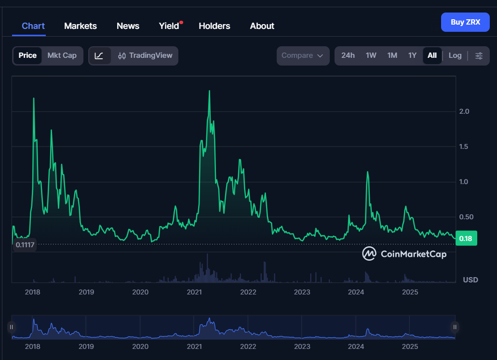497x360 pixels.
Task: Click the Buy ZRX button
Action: (465, 22)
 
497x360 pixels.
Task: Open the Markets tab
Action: (81, 26)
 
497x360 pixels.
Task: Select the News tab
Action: (128, 26)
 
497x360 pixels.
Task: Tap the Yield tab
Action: (169, 26)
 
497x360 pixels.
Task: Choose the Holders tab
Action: (215, 26)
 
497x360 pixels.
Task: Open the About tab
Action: (262, 26)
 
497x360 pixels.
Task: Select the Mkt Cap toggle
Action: (62, 55)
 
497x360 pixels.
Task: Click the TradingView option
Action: (145, 55)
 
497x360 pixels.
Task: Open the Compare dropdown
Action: (303, 55)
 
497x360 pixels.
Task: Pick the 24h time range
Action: (348, 55)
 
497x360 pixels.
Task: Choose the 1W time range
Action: (371, 55)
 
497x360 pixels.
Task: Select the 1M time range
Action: (392, 55)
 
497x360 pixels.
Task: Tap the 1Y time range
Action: (412, 55)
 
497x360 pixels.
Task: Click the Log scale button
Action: (455, 55)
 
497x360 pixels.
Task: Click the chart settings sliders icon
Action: (479, 55)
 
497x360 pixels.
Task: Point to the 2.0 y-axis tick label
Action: (464, 111)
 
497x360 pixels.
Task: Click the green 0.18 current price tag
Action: (466, 239)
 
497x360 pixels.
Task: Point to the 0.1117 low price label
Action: (25, 245)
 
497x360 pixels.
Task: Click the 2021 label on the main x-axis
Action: (194, 292)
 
